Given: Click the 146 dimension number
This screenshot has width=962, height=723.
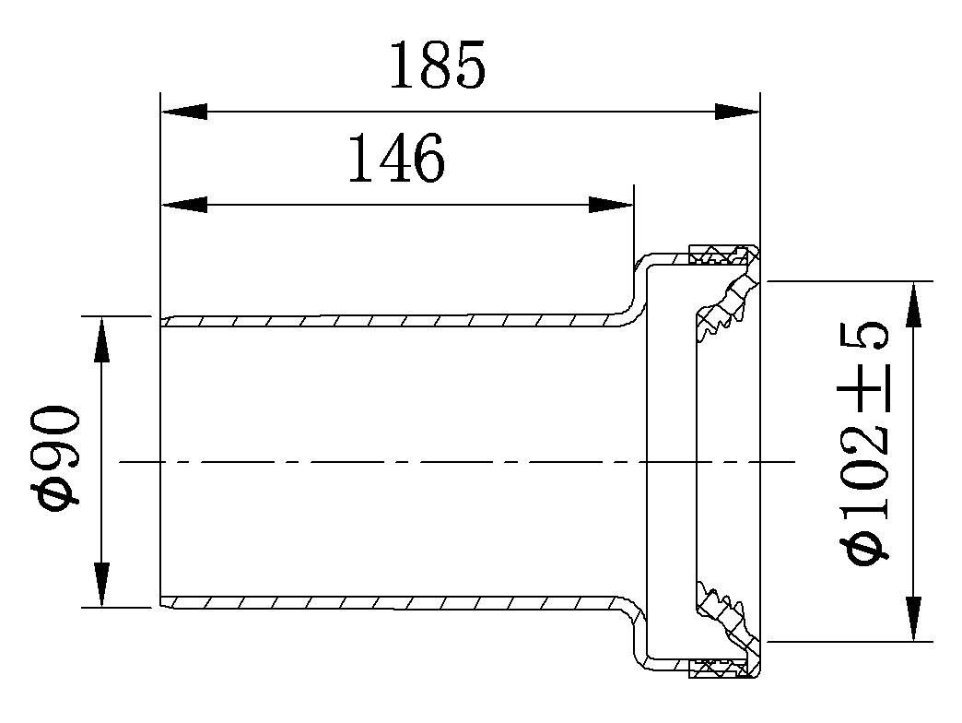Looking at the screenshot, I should click(396, 160).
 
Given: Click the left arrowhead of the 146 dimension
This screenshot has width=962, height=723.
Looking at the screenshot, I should click(182, 205).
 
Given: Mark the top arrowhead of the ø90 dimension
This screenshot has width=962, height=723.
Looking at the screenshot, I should click(101, 338).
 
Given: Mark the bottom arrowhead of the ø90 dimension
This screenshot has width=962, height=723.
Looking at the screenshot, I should click(101, 586).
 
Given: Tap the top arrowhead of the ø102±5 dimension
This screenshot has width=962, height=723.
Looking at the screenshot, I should click(913, 303).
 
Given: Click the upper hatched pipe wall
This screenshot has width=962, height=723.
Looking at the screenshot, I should click(387, 321).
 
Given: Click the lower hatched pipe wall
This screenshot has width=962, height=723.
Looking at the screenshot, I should click(387, 602).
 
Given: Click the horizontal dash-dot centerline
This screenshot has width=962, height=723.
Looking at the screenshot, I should click(461, 461).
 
